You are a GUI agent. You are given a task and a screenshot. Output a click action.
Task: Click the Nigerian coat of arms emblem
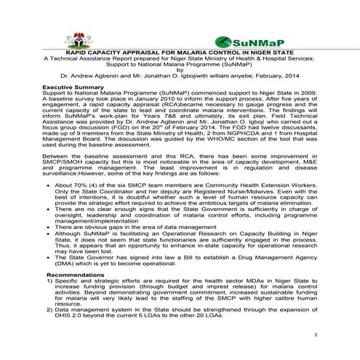pyautogui.click(x=74, y=40)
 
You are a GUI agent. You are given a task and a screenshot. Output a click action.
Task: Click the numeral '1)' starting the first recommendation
pyautogui.click(x=48, y=281)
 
